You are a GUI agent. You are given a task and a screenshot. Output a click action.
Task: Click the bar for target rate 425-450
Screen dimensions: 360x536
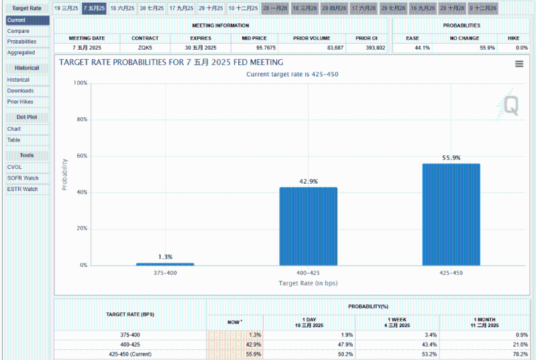[x=451, y=215]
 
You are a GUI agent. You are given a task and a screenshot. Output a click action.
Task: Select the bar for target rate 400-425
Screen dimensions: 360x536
[x=308, y=226]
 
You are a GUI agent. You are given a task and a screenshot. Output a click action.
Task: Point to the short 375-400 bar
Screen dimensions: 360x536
[x=165, y=264]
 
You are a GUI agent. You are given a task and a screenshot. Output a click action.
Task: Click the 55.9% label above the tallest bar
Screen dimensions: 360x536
[x=451, y=158]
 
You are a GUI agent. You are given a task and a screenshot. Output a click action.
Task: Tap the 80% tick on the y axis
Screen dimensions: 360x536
[x=81, y=119]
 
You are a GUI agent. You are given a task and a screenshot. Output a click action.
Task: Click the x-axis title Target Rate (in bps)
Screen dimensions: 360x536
[x=308, y=283]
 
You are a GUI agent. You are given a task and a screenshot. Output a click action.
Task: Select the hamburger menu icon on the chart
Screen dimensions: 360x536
[x=519, y=64]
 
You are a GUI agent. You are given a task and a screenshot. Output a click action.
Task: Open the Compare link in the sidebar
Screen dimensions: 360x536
[x=18, y=31]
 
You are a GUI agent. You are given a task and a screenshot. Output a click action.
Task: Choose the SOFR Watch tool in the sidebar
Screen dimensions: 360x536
[x=23, y=178]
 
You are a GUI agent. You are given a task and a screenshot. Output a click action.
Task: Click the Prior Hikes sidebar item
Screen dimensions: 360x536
[x=20, y=102]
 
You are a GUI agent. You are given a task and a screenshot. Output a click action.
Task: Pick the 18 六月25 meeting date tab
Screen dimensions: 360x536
[x=122, y=8]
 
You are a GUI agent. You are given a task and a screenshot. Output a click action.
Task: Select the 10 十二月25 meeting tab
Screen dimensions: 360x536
[x=242, y=8]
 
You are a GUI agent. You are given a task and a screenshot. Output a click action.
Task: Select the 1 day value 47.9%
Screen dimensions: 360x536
[x=343, y=344]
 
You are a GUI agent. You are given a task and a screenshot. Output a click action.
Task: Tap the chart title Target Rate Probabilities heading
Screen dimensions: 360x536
[x=171, y=62]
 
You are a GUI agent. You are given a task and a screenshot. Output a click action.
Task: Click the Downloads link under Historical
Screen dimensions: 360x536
[x=20, y=91]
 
